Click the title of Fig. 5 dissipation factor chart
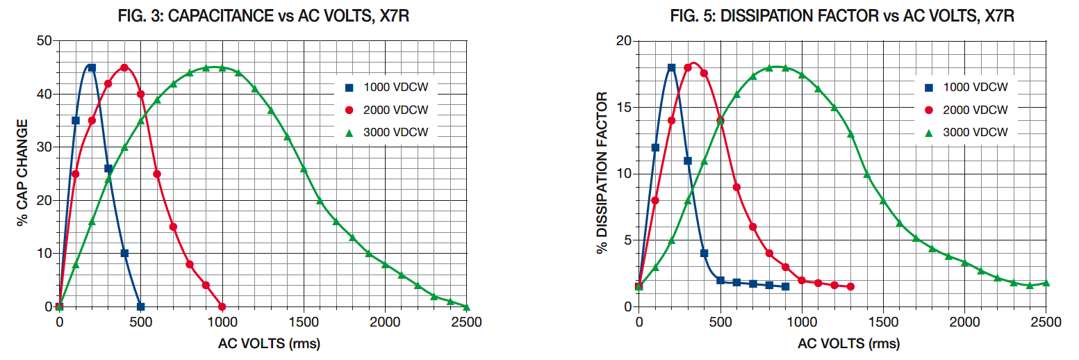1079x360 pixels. (842, 15)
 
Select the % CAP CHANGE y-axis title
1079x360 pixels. (22, 173)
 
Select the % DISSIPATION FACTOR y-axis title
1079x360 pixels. (602, 173)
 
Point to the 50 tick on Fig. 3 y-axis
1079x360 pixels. (44, 41)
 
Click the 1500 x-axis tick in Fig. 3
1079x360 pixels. (304, 322)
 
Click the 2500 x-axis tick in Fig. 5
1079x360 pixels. (1046, 322)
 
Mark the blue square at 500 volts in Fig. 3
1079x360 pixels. (141, 306)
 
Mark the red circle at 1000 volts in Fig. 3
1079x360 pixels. (222, 306)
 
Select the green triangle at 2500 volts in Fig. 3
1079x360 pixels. (466, 306)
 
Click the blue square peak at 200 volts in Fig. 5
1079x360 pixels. (671, 68)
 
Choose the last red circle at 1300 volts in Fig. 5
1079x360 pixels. (850, 287)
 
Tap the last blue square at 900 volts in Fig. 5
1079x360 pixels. (785, 286)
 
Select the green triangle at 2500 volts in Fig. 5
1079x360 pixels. (1046, 283)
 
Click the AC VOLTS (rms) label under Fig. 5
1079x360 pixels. (842, 344)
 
